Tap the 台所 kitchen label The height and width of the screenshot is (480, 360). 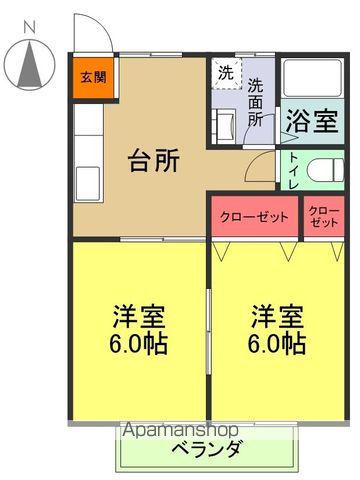tap(154, 161)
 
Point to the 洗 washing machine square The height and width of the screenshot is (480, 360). tap(225, 73)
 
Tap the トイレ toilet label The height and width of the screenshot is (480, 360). tap(292, 171)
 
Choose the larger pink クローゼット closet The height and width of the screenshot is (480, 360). tap(255, 217)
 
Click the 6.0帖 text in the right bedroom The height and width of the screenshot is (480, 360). tap(278, 344)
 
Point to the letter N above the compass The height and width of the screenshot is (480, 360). tap(30, 25)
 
